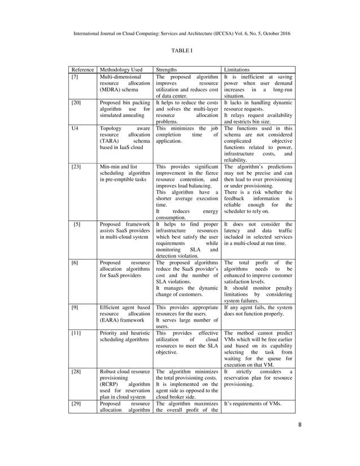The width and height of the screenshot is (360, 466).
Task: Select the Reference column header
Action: (82, 70)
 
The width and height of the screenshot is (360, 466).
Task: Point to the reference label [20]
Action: (76, 103)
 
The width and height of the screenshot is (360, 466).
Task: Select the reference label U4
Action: (74, 129)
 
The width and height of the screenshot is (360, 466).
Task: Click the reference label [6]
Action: (74, 263)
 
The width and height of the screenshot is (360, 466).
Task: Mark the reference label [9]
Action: (74, 307)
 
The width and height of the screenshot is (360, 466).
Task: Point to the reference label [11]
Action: (76, 333)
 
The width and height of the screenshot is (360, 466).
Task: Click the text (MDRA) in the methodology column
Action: (111, 90)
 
